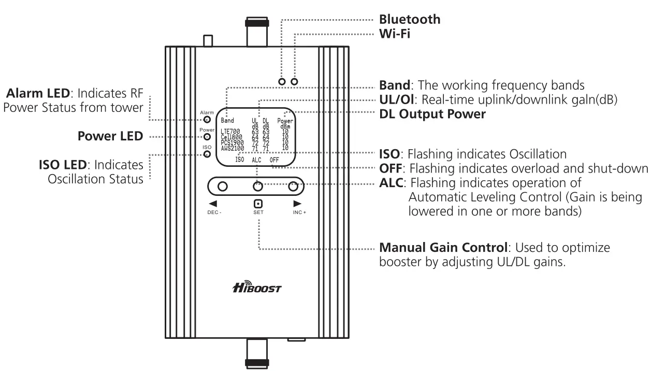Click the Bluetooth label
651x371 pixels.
tap(410, 20)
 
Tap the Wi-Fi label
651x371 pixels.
tap(395, 34)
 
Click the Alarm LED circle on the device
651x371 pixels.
tap(207, 120)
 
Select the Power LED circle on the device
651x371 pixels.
tap(207, 137)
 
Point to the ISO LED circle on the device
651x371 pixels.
tap(207, 154)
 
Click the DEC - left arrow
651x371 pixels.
tap(213, 204)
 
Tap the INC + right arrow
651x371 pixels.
tap(297, 204)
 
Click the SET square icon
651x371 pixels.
tap(258, 204)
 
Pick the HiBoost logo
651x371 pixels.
tap(257, 287)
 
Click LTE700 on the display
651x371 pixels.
tap(230, 132)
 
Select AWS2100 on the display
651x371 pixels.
tap(233, 149)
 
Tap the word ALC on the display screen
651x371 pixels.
tap(257, 160)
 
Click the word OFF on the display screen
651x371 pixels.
tap(274, 160)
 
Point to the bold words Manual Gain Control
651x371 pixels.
tap(443, 248)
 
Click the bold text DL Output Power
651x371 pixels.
tap(432, 114)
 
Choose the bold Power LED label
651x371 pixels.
tap(110, 136)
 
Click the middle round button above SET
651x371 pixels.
tap(258, 187)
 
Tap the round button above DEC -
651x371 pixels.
tap(223, 187)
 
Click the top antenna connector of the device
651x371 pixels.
tap(257, 32)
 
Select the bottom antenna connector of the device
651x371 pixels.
tap(257, 353)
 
